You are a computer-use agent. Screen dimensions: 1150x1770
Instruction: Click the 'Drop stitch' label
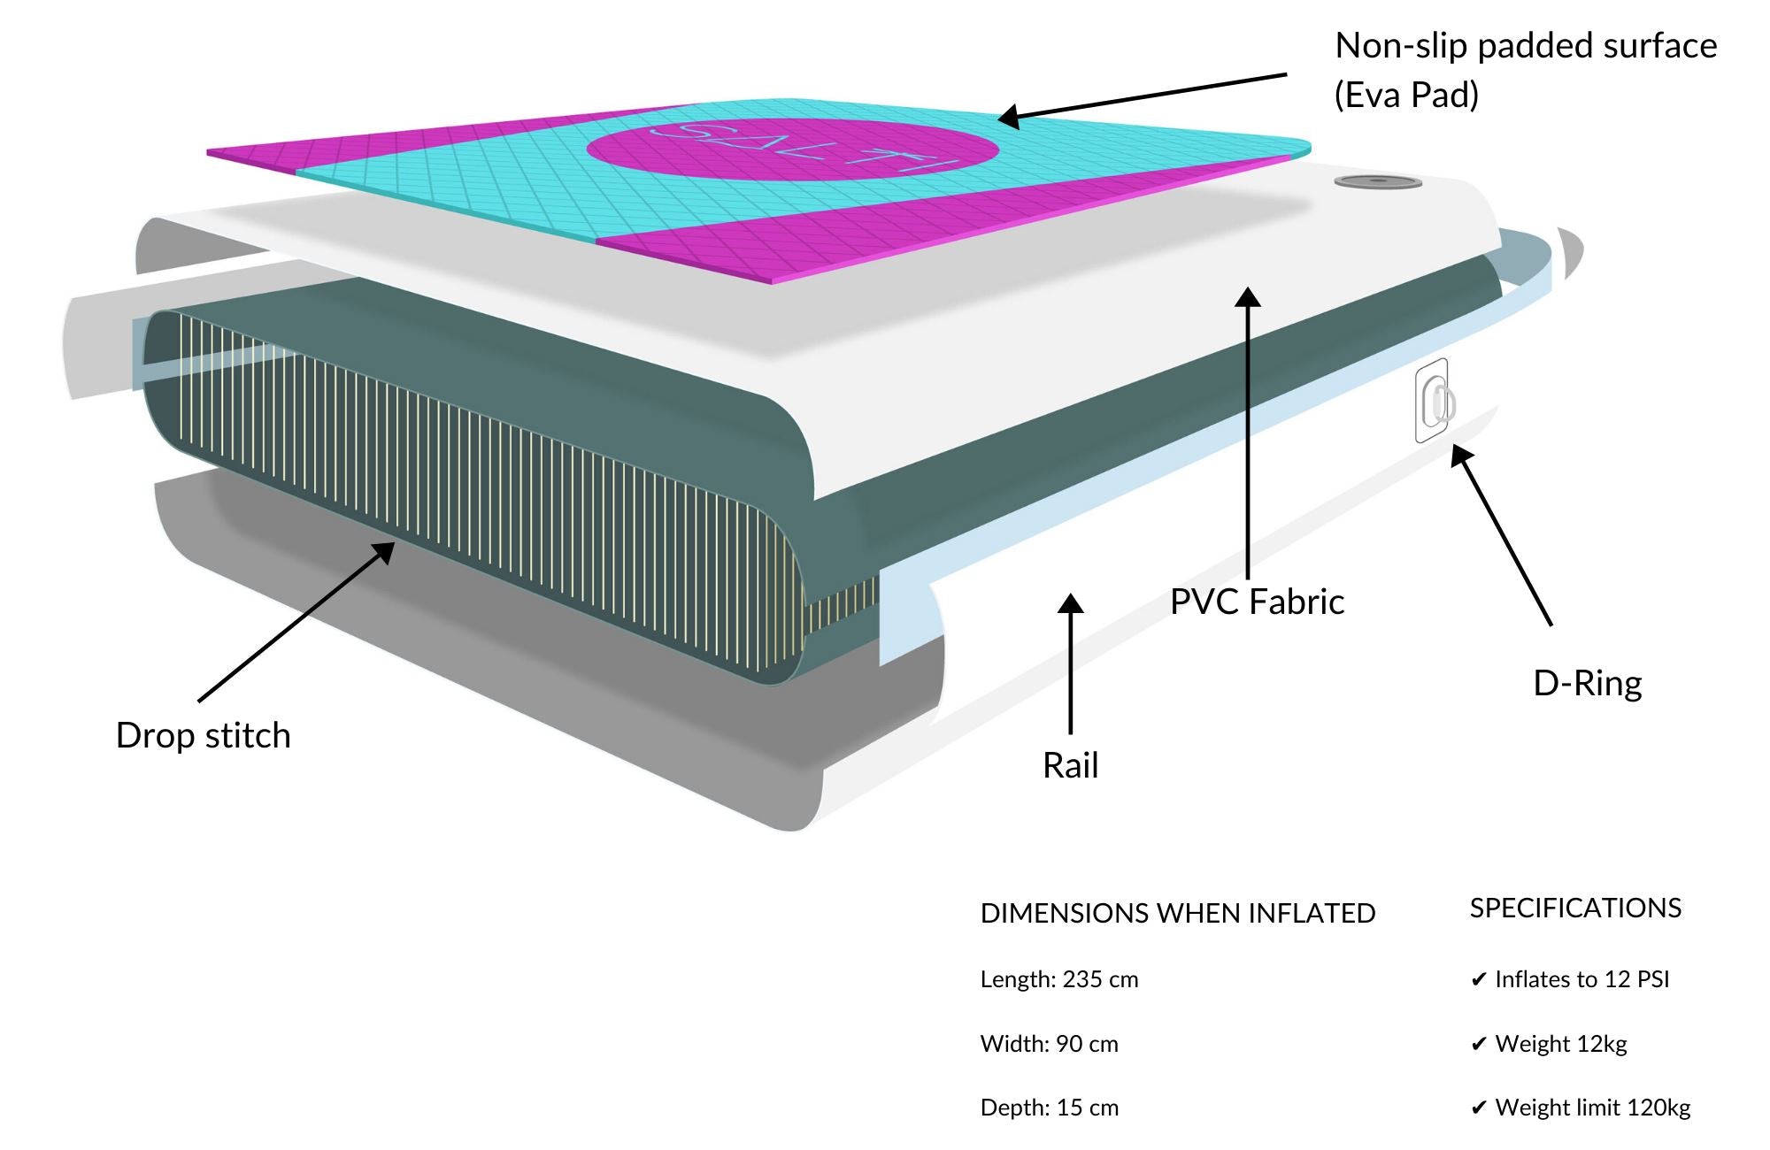tap(203, 736)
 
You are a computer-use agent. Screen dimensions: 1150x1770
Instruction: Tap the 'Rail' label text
tap(1070, 766)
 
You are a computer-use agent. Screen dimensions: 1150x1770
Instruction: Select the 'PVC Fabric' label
tap(1257, 602)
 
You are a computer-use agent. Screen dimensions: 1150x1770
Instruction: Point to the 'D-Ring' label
tap(1587, 684)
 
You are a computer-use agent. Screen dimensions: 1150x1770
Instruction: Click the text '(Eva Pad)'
tap(1406, 95)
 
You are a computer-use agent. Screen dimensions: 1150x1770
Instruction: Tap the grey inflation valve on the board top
tap(1377, 182)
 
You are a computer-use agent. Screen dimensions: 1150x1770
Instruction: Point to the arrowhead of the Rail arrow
tap(1071, 604)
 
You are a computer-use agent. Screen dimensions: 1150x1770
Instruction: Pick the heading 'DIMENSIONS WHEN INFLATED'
tap(1177, 914)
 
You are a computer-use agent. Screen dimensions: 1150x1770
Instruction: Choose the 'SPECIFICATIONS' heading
tap(1575, 908)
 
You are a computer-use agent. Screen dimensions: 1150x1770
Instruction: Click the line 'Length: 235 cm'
tap(1058, 980)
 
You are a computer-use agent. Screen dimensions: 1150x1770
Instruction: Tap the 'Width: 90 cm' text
tap(1049, 1045)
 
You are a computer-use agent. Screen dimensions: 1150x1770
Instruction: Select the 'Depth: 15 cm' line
tap(1049, 1108)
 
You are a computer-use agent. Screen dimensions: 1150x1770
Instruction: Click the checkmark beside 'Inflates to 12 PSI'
tap(1478, 980)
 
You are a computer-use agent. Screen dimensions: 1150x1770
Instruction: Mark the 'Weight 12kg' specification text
tap(1561, 1045)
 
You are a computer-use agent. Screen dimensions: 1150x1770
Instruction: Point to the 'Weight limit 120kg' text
tap(1592, 1108)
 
